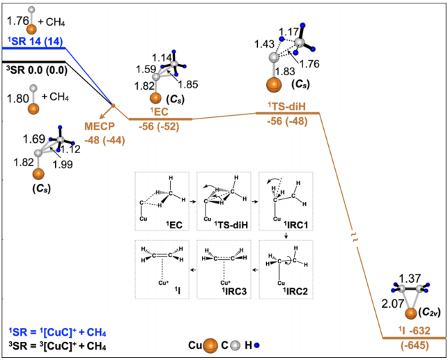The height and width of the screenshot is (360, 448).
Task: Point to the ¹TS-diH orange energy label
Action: (x=287, y=109)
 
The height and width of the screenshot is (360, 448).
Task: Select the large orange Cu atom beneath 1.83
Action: (x=274, y=85)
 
